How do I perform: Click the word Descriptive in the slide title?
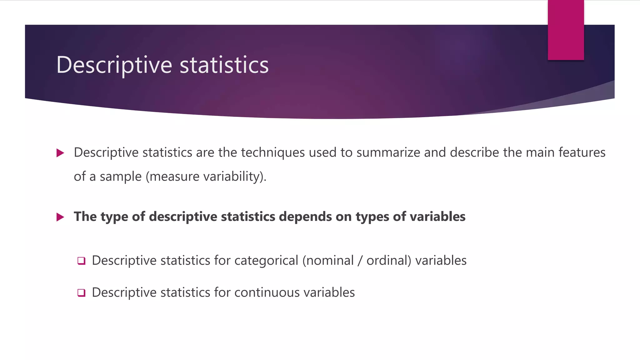pos(114,65)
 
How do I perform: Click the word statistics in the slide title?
pos(224,65)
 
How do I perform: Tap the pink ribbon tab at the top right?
pos(566,30)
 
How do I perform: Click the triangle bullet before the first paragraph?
pos(60,153)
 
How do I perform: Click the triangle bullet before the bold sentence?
pos(60,217)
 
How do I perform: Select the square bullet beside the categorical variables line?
pos(81,261)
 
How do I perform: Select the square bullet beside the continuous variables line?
pos(81,293)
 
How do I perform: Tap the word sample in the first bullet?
pos(121,177)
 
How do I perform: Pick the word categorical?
pos(266,261)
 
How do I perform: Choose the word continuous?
pos(267,293)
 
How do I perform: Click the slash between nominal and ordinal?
pos(360,261)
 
